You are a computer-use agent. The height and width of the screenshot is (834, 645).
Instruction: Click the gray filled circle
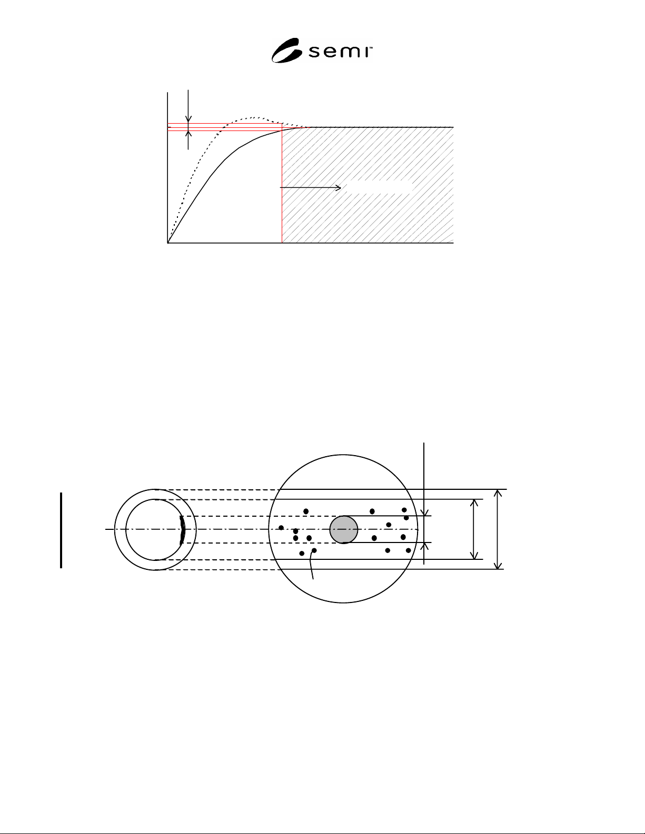click(344, 530)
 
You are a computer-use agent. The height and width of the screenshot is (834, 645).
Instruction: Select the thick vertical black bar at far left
click(61, 530)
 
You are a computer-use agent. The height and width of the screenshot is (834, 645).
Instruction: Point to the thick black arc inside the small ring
click(183, 531)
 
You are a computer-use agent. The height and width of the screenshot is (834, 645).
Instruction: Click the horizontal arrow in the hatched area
click(310, 188)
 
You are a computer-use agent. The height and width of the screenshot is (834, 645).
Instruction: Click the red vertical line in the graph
click(282, 183)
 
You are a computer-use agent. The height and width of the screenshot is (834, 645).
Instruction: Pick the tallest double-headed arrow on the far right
click(498, 529)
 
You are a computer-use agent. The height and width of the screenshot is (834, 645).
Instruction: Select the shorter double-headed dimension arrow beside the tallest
click(474, 529)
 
